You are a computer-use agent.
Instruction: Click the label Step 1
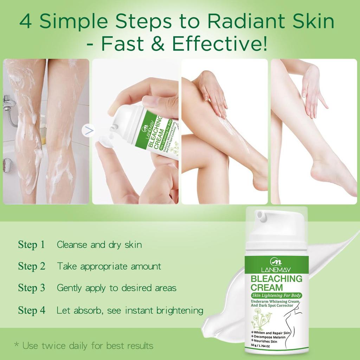point(32,245)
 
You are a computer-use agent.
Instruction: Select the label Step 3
point(32,288)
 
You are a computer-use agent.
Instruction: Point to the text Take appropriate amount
point(109,266)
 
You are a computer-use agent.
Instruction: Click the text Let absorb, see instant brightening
point(130,310)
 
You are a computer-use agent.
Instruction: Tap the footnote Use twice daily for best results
point(84,346)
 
